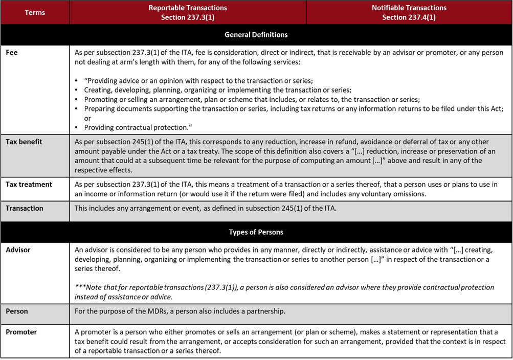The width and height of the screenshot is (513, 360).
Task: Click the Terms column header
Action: click(35, 12)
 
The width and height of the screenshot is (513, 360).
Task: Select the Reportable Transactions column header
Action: click(188, 8)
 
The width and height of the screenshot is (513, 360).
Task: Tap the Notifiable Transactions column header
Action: click(409, 8)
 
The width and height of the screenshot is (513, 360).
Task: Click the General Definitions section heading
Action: click(256, 35)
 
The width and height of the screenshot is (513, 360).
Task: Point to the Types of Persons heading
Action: click(256, 232)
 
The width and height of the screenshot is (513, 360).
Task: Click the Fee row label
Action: click(12, 52)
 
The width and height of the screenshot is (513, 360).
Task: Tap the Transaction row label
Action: click(25, 208)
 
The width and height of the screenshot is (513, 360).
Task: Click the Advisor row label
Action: click(18, 250)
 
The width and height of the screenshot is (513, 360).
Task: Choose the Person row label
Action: click(17, 310)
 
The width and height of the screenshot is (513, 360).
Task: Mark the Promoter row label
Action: click(21, 331)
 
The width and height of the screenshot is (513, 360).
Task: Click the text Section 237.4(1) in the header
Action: click(409, 17)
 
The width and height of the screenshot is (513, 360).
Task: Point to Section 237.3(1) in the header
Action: click(188, 17)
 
